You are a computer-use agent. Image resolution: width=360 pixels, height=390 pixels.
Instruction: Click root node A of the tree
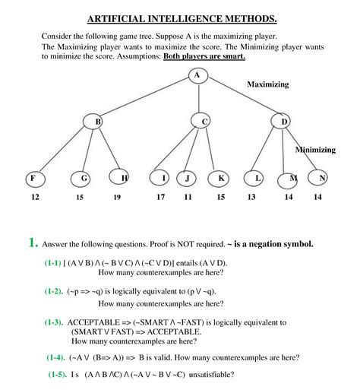tap(197, 75)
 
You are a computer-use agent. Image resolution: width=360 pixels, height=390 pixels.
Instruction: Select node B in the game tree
tap(98, 121)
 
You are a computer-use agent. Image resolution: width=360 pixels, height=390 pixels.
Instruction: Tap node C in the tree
tap(205, 121)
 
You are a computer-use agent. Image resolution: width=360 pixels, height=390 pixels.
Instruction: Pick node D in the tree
tap(285, 121)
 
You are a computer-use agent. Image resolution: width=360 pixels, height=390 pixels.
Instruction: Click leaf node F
tap(33, 179)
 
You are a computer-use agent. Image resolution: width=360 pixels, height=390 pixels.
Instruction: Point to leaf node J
tap(188, 179)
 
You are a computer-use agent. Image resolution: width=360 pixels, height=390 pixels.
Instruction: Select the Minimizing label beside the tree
tap(315, 150)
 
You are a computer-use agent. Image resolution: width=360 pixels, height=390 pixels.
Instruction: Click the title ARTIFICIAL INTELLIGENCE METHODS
tap(182, 17)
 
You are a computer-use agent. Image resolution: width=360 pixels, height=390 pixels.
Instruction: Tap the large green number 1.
tap(33, 243)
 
